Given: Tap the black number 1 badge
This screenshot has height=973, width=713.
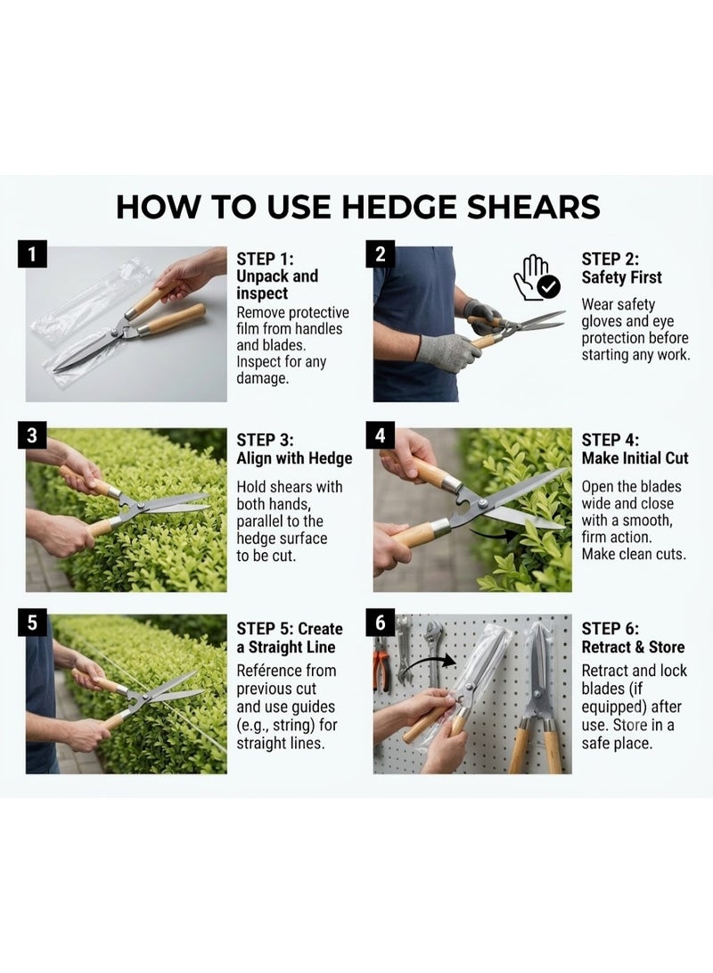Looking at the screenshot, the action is click(x=32, y=254).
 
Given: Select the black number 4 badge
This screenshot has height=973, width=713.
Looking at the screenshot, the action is click(x=380, y=435).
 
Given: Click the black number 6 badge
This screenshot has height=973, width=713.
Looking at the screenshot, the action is click(x=380, y=623).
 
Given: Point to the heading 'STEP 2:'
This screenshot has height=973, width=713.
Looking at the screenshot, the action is click(x=611, y=259).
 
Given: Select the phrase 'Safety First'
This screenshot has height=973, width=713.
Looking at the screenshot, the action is click(x=621, y=277).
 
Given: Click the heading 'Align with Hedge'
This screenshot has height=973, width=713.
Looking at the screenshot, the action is click(x=294, y=458).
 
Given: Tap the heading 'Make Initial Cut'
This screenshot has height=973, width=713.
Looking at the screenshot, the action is click(x=635, y=458).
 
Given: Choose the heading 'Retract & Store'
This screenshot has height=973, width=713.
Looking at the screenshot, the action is click(x=633, y=647).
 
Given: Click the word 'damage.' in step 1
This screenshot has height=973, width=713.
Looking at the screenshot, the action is click(x=262, y=378).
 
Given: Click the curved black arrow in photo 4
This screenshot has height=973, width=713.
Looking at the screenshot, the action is click(x=493, y=532).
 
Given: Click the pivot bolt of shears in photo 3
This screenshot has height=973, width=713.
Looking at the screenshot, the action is click(x=141, y=507).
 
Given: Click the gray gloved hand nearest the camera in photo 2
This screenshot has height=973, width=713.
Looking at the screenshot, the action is click(x=447, y=350).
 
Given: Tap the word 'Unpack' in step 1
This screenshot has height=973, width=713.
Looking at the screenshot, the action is click(x=262, y=276).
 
